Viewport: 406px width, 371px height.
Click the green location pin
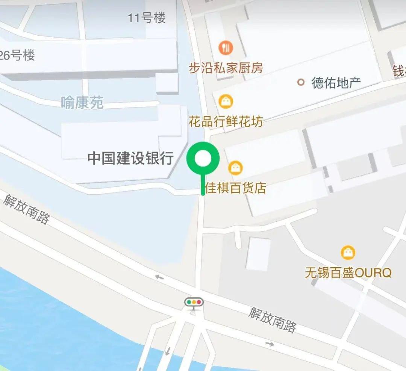(203, 159)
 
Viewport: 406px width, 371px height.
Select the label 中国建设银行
(130, 158)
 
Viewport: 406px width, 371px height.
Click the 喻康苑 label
(82, 102)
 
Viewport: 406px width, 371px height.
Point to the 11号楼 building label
(147, 18)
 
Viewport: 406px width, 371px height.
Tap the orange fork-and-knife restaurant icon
(226, 47)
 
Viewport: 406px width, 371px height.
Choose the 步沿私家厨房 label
(226, 68)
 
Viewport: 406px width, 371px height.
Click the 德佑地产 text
(336, 83)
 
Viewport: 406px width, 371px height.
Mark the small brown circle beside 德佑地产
(301, 82)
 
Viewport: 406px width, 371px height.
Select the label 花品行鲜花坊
(226, 122)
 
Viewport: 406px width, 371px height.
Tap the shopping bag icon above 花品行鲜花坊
(226, 101)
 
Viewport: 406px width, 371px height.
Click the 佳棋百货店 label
(236, 188)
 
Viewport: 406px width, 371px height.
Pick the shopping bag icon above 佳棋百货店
(235, 168)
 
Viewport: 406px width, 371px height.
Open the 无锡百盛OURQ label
(348, 273)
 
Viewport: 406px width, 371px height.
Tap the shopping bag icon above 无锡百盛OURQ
(348, 252)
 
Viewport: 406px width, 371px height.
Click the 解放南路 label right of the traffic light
(273, 320)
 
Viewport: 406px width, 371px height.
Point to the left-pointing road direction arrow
(159, 277)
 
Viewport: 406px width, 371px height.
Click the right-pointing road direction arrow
(269, 344)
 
